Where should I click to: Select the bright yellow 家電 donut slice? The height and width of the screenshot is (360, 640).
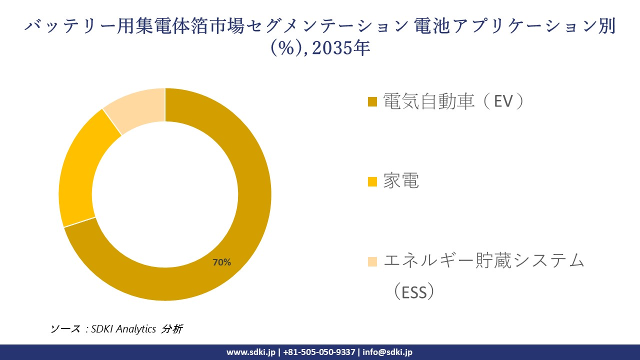[80, 170]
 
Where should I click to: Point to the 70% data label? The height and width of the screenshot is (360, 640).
[221, 262]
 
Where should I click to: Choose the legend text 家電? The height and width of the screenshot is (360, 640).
[401, 181]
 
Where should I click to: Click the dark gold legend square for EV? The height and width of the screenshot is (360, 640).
[372, 102]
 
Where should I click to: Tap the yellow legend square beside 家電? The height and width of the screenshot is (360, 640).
[372, 182]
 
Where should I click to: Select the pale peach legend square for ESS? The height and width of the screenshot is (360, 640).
[372, 261]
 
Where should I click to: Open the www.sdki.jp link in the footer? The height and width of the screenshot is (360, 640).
[251, 352]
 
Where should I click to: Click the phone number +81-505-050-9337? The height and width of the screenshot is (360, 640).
[319, 352]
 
